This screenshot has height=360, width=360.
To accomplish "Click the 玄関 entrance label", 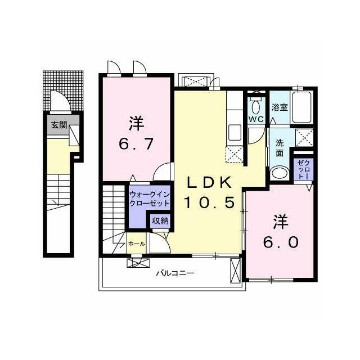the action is pyautogui.click(x=59, y=125).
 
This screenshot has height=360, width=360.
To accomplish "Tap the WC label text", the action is pyautogui.click(x=256, y=120).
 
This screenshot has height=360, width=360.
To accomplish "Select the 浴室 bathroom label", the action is pyautogui.click(x=280, y=107).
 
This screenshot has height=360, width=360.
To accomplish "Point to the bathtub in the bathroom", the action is pyautogui.click(x=301, y=107).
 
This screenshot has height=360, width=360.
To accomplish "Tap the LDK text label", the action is pyautogui.click(x=209, y=183).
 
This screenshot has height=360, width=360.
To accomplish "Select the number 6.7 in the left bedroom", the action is pyautogui.click(x=136, y=144).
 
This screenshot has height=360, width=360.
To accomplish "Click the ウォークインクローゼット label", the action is pyautogui.click(x=150, y=199).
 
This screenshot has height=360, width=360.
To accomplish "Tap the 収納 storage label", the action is pyautogui.click(x=160, y=221).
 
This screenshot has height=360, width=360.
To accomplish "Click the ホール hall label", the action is pyautogui.click(x=136, y=244).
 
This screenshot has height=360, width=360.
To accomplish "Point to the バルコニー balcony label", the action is pyautogui.click(x=175, y=273).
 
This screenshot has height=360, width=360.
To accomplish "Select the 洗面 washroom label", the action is pyautogui.click(x=280, y=148).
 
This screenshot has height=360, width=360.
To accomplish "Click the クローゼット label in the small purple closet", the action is pyautogui.click(x=303, y=169).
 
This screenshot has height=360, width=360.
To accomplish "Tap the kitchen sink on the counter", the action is pyautogui.click(x=235, y=132).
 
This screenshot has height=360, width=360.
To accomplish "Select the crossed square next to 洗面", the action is pyautogui.click(x=304, y=138).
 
